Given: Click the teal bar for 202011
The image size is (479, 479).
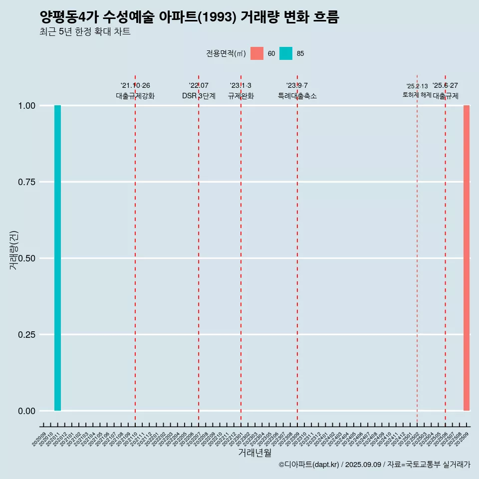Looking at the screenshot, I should (57, 258).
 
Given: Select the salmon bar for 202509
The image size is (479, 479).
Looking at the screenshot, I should (467, 258).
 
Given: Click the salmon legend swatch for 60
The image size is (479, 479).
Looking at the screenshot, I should (257, 53).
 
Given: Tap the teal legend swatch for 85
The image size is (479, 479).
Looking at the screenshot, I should (286, 53).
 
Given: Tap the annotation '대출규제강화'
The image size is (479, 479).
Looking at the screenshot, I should (135, 96).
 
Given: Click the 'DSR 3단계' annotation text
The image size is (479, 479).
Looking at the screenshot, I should (199, 96).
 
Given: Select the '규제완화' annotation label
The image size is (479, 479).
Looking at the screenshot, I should (241, 96).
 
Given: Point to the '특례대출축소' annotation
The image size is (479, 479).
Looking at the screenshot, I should (297, 96).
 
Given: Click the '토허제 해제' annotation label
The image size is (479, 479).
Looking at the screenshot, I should (417, 95).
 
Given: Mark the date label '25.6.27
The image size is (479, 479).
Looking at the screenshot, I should (445, 86).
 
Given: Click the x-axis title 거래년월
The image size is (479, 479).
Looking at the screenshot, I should (255, 453).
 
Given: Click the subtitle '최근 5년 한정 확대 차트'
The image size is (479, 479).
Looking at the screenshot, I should (85, 32).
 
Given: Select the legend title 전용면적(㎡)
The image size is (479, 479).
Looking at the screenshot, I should (226, 53).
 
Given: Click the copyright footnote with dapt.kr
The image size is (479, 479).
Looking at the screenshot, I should (374, 465).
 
